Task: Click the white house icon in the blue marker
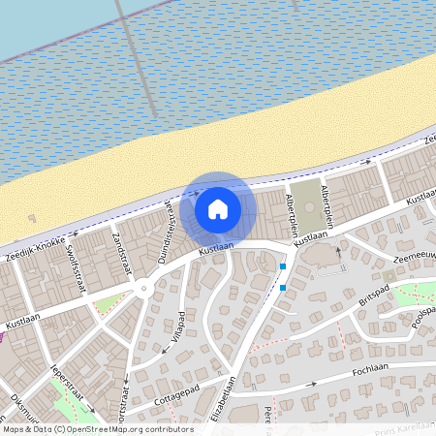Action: click(x=218, y=208)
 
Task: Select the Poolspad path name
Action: click(x=420, y=311)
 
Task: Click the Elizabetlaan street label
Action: click(x=231, y=399)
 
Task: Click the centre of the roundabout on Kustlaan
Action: click(x=143, y=287)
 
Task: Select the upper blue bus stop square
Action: click(x=283, y=266)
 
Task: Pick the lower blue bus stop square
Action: click(x=283, y=287)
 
